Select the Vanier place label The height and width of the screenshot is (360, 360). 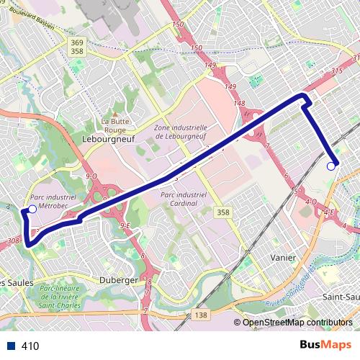(283, 257)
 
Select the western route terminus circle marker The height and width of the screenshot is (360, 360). (32, 210)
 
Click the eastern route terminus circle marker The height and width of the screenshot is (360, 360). (331, 166)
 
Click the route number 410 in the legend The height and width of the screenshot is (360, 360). (30, 346)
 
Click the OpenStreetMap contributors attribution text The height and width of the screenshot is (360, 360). (297, 323)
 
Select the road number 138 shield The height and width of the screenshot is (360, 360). (201, 316)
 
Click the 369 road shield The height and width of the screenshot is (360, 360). (77, 42)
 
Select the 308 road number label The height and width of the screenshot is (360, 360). (13, 241)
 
